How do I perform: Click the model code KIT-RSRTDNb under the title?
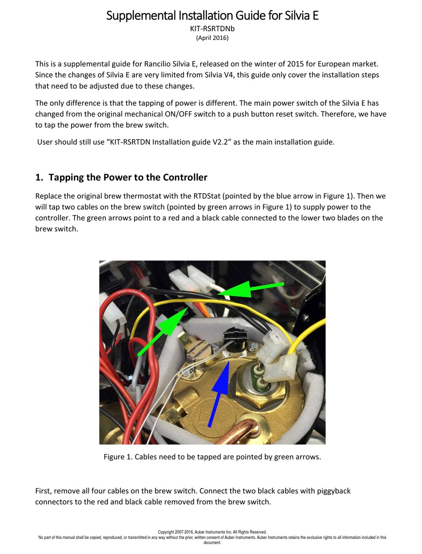(212, 29)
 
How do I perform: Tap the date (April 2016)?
(212, 38)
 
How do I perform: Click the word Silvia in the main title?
(297, 16)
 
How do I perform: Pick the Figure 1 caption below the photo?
(212, 457)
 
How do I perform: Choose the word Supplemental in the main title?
(141, 16)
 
